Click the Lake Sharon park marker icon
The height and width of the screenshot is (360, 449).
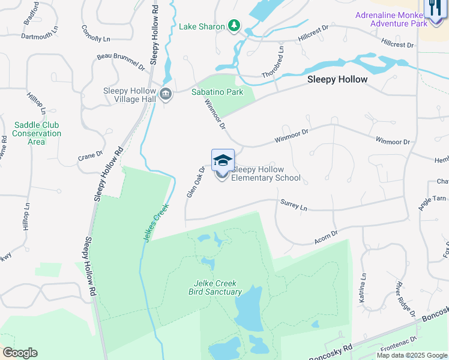pyautogui.click(x=234, y=26)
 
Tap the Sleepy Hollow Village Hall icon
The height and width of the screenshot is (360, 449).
pyautogui.click(x=166, y=94)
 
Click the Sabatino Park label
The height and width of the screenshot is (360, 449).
pyautogui.click(x=217, y=92)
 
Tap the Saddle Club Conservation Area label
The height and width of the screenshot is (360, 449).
pyautogui.click(x=37, y=133)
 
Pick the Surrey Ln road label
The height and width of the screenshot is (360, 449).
pyautogui.click(x=294, y=205)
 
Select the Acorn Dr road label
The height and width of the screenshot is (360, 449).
pyautogui.click(x=326, y=236)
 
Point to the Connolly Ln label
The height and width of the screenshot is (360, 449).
pyautogui.click(x=96, y=34)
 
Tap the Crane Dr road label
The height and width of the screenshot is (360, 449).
pyautogui.click(x=91, y=156)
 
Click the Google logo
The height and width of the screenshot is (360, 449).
pyautogui.click(x=20, y=353)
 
